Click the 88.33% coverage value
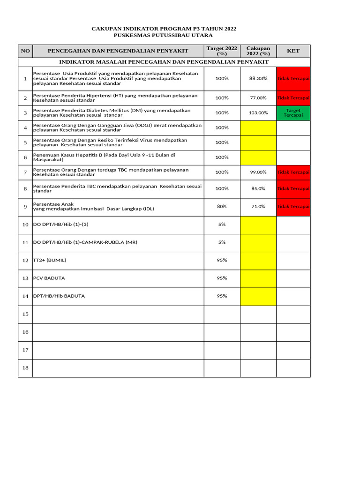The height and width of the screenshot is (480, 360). [x=258, y=79]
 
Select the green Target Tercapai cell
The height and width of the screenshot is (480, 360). [x=293, y=113]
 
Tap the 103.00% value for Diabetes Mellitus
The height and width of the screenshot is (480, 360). [x=258, y=113]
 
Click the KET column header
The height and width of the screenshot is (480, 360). [x=293, y=51]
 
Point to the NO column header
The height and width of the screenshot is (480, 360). [x=25, y=51]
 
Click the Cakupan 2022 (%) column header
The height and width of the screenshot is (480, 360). [x=258, y=51]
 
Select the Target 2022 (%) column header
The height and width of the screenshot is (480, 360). [x=222, y=51]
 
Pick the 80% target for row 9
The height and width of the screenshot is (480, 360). [x=222, y=206]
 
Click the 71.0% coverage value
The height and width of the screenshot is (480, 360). [x=258, y=206]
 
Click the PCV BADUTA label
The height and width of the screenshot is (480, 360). [x=49, y=278]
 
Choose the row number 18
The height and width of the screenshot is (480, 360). [x=25, y=368]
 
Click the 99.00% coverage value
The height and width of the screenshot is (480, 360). [x=258, y=172]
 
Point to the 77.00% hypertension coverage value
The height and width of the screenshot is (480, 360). [x=258, y=98]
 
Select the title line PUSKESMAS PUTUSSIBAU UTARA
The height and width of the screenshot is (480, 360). [x=164, y=36]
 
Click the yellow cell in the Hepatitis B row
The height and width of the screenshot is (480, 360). [x=258, y=157]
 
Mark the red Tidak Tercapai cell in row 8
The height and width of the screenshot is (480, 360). [x=293, y=188]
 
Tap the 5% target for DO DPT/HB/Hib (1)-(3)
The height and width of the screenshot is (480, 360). [x=222, y=225]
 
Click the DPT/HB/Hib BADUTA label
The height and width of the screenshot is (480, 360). [x=59, y=296]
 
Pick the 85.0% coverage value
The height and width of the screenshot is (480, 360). [x=258, y=188]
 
